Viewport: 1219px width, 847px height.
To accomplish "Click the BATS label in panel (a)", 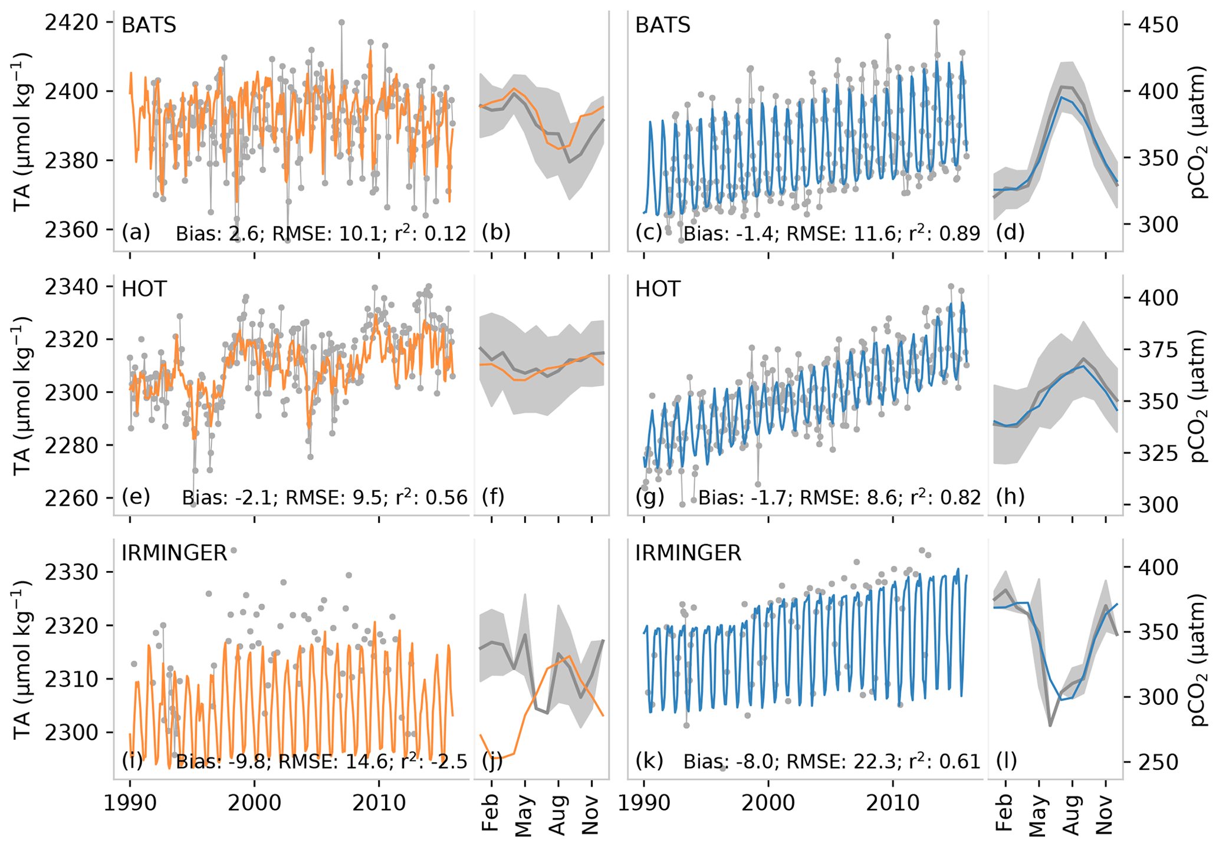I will click(149, 25).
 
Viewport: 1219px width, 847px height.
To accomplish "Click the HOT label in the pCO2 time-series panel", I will click(658, 289).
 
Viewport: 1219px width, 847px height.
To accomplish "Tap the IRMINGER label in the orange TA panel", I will click(174, 553).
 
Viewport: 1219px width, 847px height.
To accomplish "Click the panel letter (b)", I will click(495, 233).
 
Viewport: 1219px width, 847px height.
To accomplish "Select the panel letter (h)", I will click(1010, 497).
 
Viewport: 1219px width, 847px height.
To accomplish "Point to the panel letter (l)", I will click(1006, 761).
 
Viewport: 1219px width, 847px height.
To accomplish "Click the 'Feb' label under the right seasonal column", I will click(1005, 813).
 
